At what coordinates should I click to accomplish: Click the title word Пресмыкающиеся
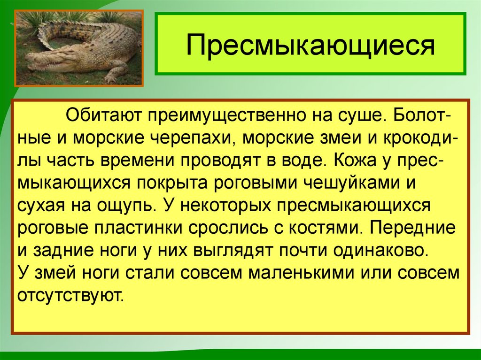point(310,46)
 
